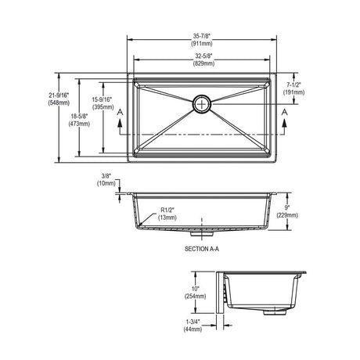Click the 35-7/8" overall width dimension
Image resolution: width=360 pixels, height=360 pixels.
[202, 36]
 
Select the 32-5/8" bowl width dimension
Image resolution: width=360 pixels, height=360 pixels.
[204, 56]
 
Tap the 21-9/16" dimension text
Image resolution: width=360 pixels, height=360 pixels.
[59, 95]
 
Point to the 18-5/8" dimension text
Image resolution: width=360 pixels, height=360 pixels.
[79, 117]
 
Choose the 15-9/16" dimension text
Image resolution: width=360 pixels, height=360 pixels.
[102, 99]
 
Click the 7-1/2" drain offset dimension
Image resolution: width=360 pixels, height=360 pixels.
[293, 85]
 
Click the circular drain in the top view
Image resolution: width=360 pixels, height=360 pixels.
[202, 104]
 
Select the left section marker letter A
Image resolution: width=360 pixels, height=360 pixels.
[120, 112]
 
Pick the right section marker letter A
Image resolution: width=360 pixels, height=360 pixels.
[285, 112]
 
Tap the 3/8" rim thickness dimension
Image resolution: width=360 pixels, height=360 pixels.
[106, 176]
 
